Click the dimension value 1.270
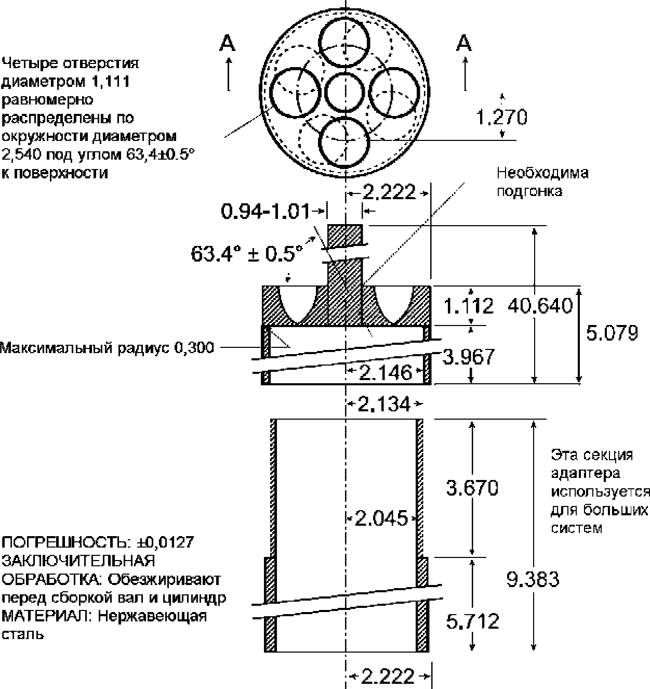(501, 117)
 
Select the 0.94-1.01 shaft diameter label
(265, 211)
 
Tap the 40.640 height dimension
(540, 306)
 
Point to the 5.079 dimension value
(612, 333)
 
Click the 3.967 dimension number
(469, 357)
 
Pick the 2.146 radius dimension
(386, 373)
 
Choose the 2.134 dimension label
(384, 404)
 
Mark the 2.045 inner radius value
(381, 519)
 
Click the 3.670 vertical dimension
(472, 488)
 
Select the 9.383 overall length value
(533, 579)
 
